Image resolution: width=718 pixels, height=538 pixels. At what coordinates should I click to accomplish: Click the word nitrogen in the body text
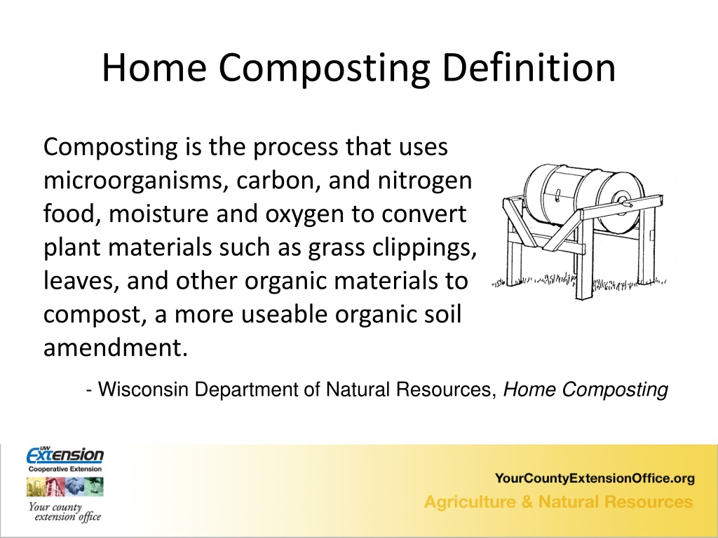click(424, 181)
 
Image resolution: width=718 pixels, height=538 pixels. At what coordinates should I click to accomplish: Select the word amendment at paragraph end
click(116, 347)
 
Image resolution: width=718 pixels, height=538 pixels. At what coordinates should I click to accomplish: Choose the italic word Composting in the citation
click(615, 390)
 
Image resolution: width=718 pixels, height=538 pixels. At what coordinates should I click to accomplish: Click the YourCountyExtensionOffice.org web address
click(595, 478)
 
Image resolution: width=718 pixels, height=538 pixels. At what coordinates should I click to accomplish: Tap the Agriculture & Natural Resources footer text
click(559, 502)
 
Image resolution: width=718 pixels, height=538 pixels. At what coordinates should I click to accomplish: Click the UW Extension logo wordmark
click(65, 455)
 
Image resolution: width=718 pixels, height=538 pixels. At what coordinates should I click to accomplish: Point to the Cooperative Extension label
click(65, 469)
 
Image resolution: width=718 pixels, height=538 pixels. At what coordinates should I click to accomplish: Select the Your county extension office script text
click(65, 512)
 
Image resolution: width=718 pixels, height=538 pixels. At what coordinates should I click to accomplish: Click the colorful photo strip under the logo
click(65, 487)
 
